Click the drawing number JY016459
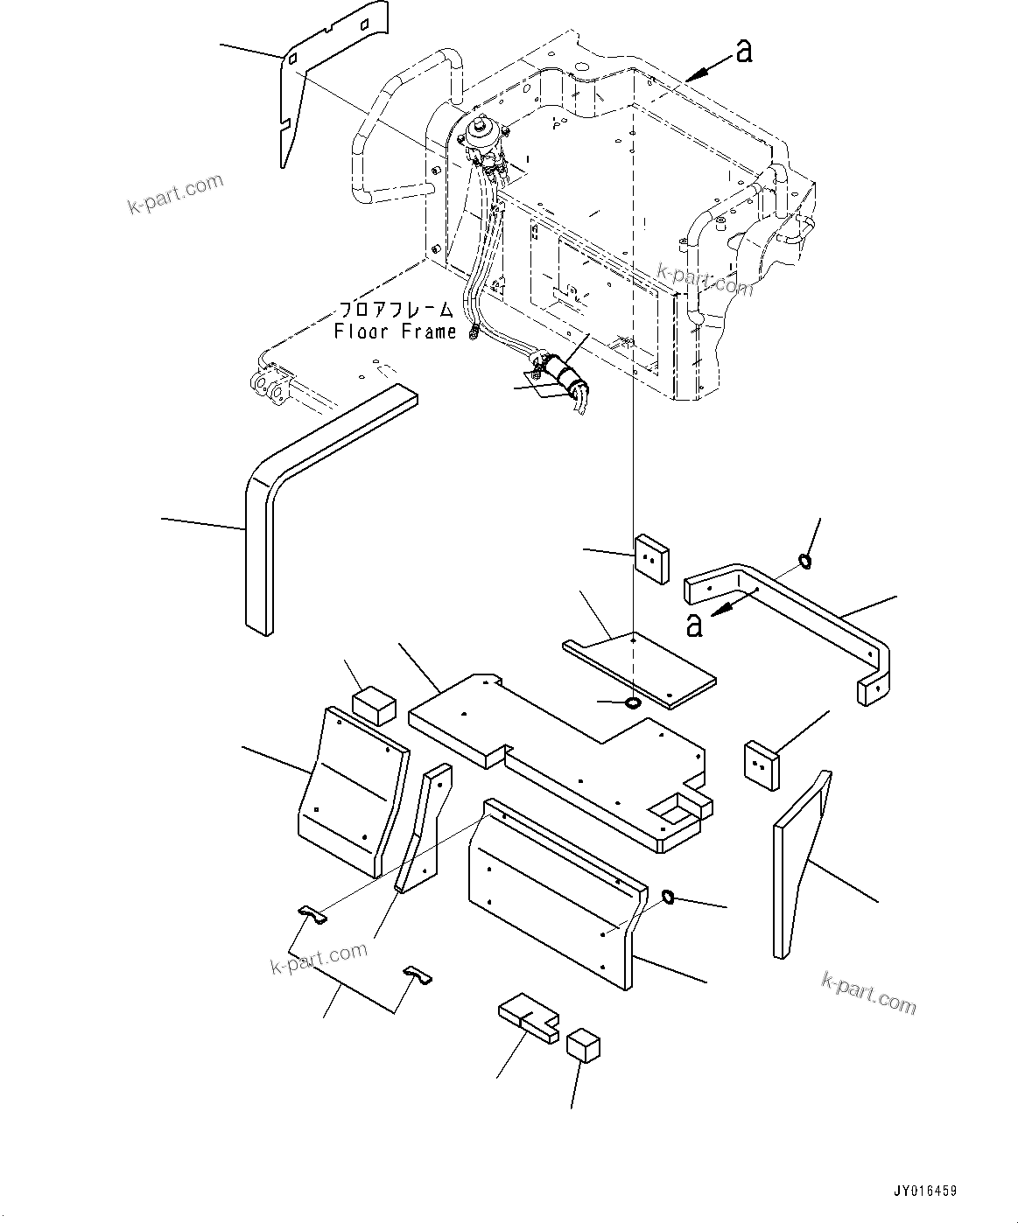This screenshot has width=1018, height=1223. point(925,1191)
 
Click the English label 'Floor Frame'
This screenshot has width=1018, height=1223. point(395,332)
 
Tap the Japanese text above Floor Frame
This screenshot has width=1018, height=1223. point(396,311)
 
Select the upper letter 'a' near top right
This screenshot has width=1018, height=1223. point(743,52)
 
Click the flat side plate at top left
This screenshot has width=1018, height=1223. point(315,79)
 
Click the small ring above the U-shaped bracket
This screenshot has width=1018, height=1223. point(805,561)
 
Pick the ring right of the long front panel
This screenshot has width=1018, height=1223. point(668,896)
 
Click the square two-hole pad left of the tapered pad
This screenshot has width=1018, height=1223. point(761,765)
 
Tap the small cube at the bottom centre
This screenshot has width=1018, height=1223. point(583,1045)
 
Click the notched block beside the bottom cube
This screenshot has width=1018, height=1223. point(528,1020)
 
